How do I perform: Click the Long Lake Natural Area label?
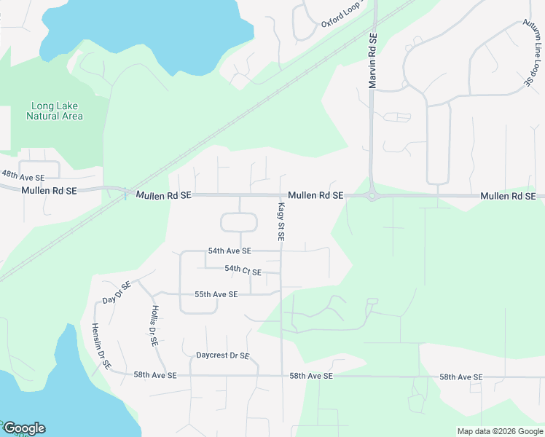55,111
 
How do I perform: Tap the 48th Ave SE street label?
23,176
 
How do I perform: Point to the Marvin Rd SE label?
372,61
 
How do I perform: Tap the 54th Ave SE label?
229,251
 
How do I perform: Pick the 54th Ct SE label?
243,270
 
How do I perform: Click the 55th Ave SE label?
216,294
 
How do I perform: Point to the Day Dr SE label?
117,291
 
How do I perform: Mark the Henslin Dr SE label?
100,346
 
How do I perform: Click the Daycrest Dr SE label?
223,356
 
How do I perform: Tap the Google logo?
24,428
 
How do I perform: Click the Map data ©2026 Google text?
500,431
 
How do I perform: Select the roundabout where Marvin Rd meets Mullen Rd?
372,195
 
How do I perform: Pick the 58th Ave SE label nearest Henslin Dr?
154,375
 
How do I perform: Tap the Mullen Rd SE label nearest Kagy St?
315,196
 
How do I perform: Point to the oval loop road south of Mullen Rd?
240,223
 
